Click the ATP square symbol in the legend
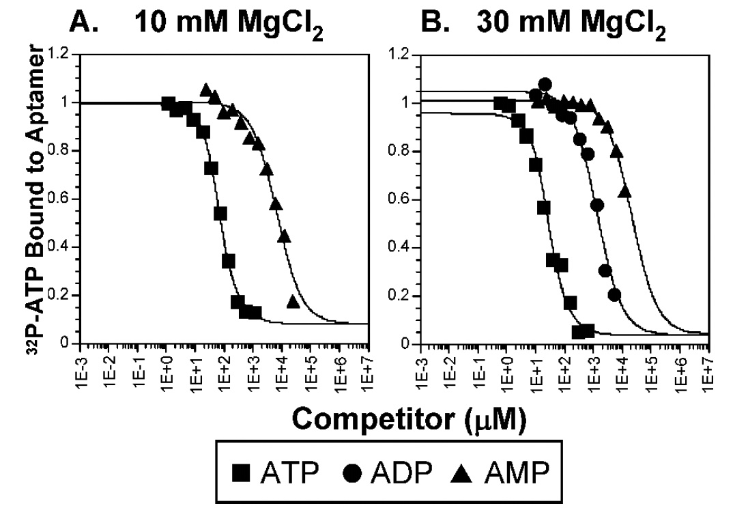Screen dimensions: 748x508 (242, 472)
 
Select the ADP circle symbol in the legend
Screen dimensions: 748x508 (353, 473)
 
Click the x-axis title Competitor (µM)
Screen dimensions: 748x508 (409, 419)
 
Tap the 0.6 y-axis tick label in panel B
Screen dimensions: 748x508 (398, 199)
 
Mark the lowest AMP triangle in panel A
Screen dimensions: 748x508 (293, 301)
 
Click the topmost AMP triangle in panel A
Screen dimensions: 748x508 (206, 89)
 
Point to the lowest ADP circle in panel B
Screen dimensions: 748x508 (614, 294)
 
